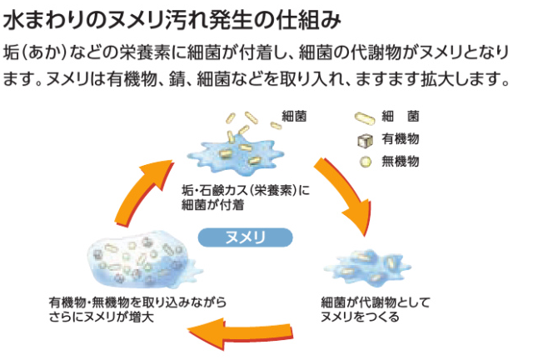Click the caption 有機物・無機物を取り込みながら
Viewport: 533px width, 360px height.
coord(137,302)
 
